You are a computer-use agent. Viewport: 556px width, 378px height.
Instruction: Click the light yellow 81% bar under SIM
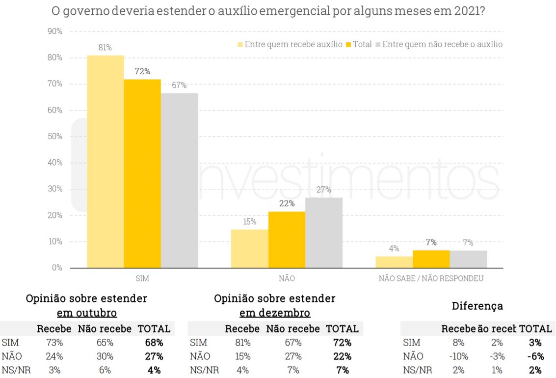pyautogui.click(x=106, y=162)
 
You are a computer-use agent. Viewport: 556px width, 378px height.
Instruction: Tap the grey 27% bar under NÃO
pyautogui.click(x=324, y=233)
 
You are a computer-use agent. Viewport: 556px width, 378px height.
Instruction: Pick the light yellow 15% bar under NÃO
pyautogui.click(x=250, y=249)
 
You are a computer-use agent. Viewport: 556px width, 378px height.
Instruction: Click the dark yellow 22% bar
pyautogui.click(x=287, y=239)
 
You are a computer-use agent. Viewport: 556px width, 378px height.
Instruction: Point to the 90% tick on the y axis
pyautogui.click(x=54, y=31)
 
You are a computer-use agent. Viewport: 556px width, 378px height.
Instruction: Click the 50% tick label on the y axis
pyautogui.click(x=54, y=137)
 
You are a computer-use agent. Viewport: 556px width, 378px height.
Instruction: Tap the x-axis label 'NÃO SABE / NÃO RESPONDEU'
pyautogui.click(x=431, y=278)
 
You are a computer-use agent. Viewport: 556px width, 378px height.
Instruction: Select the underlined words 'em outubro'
pyautogui.click(x=87, y=313)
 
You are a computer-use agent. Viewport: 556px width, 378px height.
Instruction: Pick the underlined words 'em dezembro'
pyautogui.click(x=275, y=313)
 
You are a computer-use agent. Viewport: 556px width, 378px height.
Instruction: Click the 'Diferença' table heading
pyautogui.click(x=477, y=306)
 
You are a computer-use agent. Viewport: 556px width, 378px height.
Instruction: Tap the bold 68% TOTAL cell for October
pyautogui.click(x=154, y=343)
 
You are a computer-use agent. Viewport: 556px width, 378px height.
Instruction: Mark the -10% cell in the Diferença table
pyautogui.click(x=458, y=356)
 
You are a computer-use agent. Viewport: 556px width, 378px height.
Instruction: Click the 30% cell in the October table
pyautogui.click(x=105, y=356)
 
